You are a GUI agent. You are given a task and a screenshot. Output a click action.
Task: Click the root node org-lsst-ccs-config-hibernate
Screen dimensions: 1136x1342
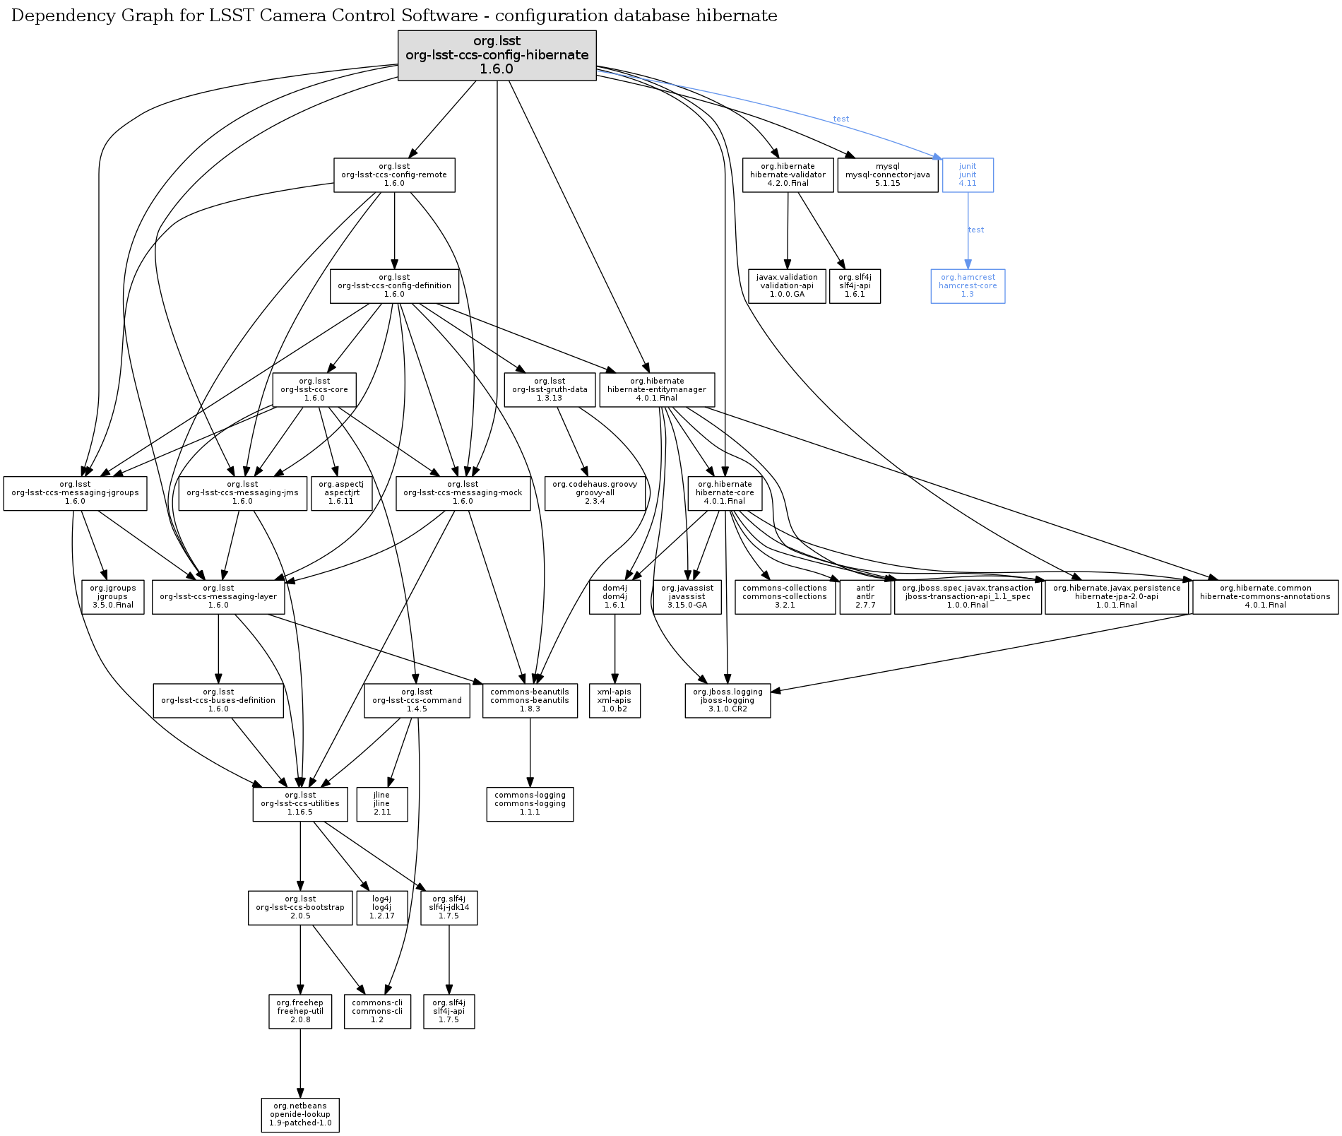[497, 55]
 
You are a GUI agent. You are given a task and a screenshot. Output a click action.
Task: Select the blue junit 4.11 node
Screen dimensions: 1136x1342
[967, 174]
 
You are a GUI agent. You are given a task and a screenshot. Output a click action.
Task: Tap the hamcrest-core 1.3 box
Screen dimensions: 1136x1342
[967, 285]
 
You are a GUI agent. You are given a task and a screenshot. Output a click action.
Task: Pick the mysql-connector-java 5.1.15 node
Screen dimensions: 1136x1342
[887, 174]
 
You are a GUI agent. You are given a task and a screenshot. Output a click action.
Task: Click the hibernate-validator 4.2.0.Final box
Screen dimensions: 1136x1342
[788, 174]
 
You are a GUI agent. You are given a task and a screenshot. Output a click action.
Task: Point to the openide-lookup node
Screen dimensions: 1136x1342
[299, 1114]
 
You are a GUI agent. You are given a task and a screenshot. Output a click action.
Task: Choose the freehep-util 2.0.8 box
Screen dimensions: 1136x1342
[299, 1011]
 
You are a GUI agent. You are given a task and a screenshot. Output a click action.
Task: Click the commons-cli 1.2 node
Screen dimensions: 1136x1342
[377, 1011]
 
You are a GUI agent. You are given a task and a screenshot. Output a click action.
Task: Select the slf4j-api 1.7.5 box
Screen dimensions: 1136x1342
[449, 1011]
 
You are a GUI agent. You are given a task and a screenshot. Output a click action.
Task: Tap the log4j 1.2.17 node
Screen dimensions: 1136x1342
[381, 907]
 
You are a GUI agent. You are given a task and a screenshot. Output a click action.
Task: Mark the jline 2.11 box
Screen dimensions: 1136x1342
[381, 804]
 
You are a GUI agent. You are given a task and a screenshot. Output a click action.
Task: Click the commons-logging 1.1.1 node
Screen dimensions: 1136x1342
[530, 804]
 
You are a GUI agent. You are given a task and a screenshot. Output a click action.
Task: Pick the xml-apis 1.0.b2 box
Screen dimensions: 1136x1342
[614, 700]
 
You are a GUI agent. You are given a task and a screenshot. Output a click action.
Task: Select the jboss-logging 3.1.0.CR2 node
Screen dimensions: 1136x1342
[727, 700]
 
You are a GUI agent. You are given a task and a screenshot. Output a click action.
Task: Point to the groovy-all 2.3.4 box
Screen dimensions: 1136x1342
[595, 492]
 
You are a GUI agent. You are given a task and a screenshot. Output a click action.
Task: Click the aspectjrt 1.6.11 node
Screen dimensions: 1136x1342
[340, 492]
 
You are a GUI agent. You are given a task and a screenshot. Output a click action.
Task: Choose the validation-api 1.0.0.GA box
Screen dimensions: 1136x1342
[787, 285]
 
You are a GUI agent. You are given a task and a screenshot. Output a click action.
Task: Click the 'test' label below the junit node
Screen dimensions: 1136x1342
[975, 230]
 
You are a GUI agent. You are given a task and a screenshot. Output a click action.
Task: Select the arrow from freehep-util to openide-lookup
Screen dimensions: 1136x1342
[300, 1063]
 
